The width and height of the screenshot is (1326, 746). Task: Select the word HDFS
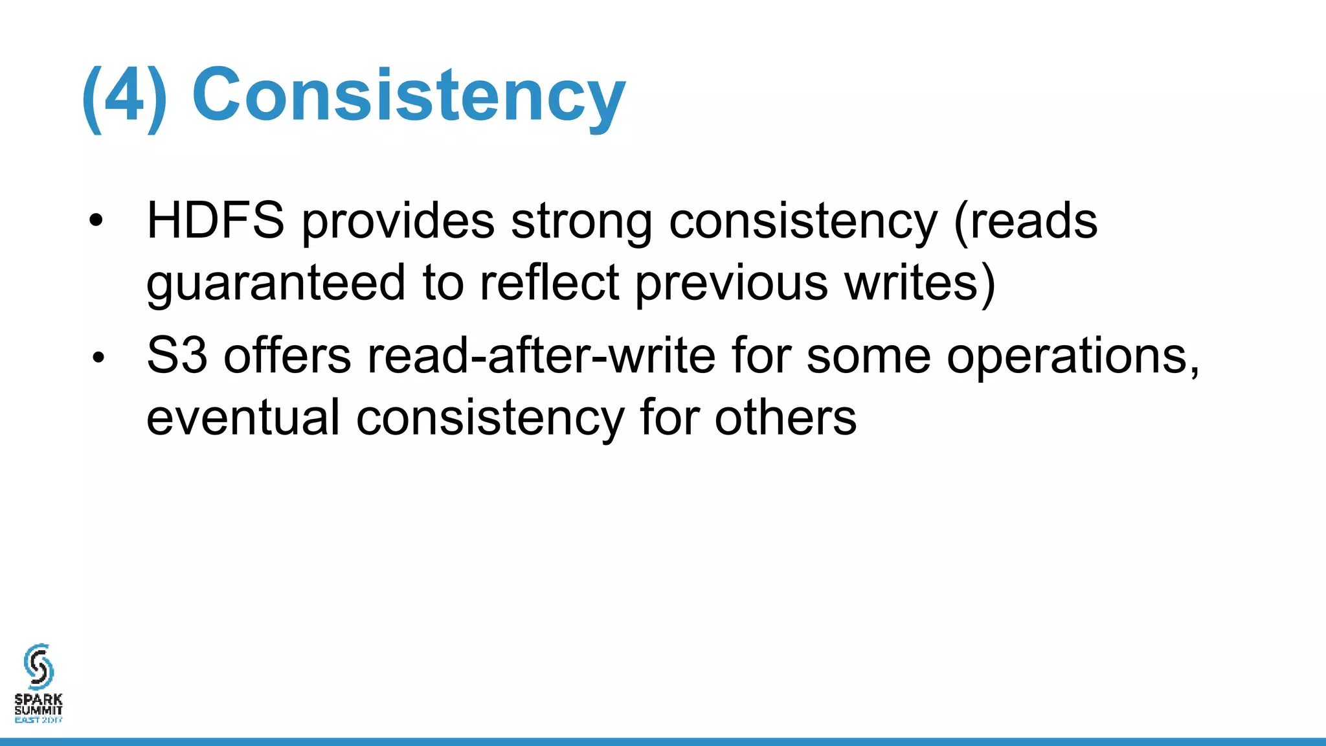215,221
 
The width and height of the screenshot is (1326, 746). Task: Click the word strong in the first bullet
581,221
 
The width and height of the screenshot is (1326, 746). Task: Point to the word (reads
1026,221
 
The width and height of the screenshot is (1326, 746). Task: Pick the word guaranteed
276,283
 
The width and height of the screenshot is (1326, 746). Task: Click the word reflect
549,283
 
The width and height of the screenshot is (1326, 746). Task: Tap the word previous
731,283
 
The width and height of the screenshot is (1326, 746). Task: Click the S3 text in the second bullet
177,356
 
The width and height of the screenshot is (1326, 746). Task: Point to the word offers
287,356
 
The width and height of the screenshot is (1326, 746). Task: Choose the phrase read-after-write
541,356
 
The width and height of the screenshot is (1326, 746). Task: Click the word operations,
1073,356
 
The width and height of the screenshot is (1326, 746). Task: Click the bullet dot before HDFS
96,221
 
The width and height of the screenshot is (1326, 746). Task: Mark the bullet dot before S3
98,357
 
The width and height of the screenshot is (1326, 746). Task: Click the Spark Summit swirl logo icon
39,666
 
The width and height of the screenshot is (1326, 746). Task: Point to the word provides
398,221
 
